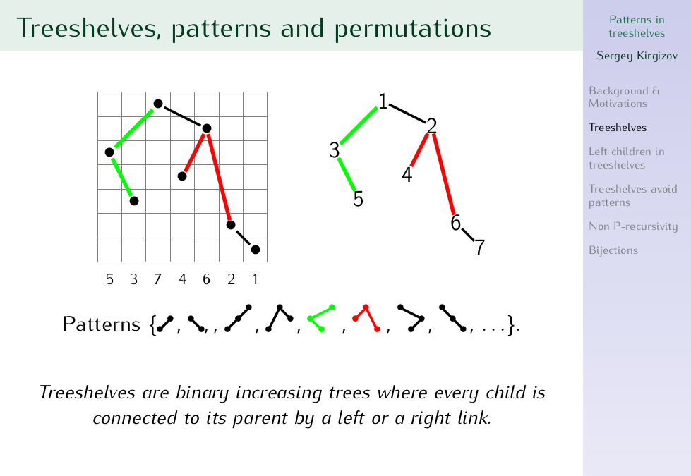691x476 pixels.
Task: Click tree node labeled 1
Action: (x=383, y=102)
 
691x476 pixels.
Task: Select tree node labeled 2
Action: (x=431, y=126)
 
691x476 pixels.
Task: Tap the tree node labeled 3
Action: (x=335, y=151)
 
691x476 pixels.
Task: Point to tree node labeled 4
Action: (x=407, y=175)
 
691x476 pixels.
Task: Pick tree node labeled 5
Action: (x=359, y=199)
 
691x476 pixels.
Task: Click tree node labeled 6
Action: (x=456, y=224)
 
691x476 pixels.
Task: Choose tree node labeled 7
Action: (x=480, y=248)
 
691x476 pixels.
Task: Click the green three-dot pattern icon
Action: (x=321, y=318)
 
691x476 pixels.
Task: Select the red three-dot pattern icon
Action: (x=366, y=318)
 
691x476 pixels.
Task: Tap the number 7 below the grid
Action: (x=158, y=279)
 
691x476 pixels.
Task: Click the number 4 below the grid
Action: (x=182, y=279)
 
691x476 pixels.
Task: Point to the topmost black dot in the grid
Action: (x=158, y=104)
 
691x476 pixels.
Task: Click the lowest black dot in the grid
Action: (x=256, y=250)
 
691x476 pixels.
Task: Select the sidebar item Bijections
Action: (x=613, y=250)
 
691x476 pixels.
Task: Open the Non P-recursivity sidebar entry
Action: (x=633, y=226)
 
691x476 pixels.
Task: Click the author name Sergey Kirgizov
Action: (x=637, y=56)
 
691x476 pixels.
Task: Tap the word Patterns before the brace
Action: (x=102, y=324)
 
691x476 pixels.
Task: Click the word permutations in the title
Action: (x=412, y=29)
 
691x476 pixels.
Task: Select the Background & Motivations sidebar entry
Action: (x=625, y=97)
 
